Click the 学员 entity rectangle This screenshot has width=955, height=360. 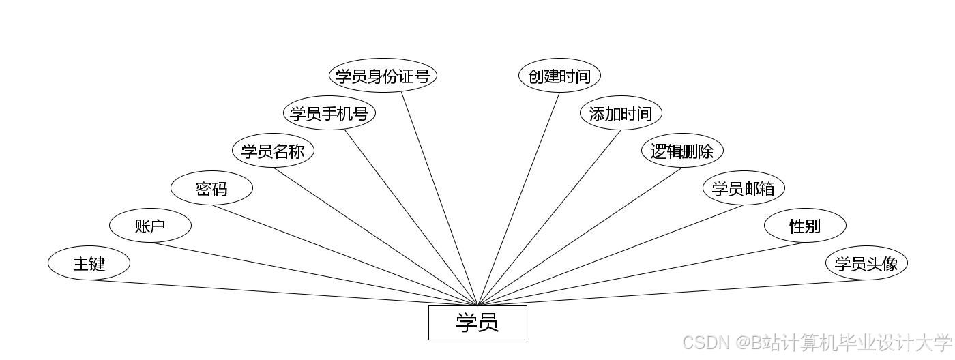477,322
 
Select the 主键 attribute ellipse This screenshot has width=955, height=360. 89,263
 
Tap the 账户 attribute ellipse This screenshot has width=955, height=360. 150,226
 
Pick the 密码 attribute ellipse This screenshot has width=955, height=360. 211,188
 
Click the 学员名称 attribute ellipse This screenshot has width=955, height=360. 273,151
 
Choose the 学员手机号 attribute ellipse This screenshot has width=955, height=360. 329,113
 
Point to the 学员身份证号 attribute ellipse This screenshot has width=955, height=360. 382,76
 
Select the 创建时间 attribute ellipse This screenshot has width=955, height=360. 559,76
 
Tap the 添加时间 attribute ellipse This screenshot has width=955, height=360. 621,113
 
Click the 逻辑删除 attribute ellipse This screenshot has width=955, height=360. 682,151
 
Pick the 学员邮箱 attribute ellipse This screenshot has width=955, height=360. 744,188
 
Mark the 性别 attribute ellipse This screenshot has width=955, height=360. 805,226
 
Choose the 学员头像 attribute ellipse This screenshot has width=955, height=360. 866,263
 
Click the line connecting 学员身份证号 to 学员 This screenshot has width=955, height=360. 439,198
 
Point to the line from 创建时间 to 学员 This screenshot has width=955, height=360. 518,198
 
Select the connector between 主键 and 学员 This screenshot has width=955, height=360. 283,293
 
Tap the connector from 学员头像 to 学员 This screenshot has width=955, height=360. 672,293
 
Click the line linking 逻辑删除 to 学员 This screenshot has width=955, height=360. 580,237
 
